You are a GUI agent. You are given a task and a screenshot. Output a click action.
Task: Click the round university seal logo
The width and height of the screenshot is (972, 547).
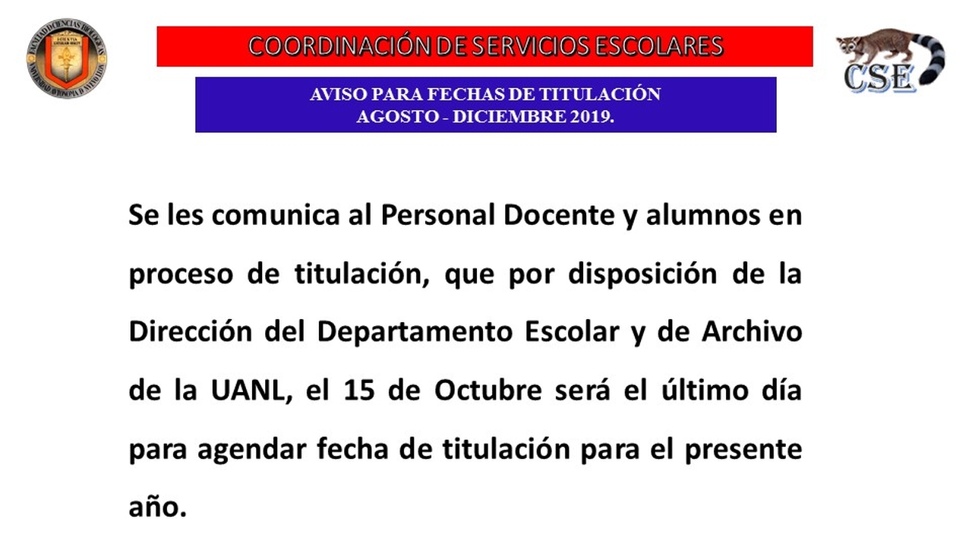coord(66,58)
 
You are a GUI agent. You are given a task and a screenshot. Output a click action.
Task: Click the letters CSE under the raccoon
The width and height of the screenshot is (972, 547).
coord(879,78)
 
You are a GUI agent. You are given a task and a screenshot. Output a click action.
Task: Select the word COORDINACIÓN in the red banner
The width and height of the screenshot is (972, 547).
coord(339,46)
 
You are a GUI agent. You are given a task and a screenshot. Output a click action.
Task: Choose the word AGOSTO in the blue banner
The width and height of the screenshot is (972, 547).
coord(397,116)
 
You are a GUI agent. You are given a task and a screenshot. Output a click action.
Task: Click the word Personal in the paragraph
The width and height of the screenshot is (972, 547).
coord(438,215)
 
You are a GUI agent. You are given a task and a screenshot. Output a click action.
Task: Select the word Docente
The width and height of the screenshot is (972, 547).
coord(559,215)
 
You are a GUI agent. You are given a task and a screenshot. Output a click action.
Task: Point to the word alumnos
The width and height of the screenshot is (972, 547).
coord(703,215)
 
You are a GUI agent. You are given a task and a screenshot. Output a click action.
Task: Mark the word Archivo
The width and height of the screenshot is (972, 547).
coord(752,332)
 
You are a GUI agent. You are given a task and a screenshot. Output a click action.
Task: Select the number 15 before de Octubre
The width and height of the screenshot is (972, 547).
coord(359,390)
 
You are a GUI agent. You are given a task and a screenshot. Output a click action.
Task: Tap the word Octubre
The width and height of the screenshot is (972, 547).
coord(488,390)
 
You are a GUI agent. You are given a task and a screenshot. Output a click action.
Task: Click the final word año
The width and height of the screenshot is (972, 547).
coord(157,507)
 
